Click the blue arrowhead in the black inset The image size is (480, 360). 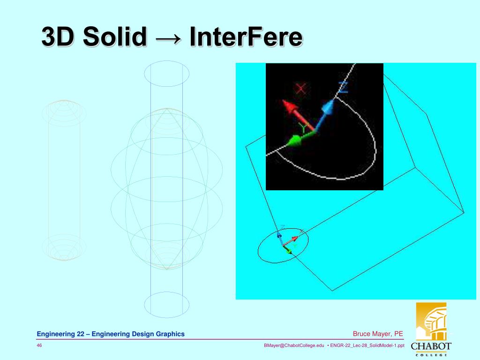(329, 108)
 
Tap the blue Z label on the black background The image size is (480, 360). (343, 87)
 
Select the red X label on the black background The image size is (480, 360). (301, 88)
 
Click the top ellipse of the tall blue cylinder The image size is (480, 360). (166, 74)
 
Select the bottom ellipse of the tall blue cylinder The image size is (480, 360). (166, 305)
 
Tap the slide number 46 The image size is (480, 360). (40, 345)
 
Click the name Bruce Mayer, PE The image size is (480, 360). (378, 334)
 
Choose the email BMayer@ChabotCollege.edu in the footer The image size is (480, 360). (294, 345)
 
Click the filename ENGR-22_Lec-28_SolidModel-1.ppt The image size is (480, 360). (367, 345)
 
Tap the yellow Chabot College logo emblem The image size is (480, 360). (431, 322)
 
